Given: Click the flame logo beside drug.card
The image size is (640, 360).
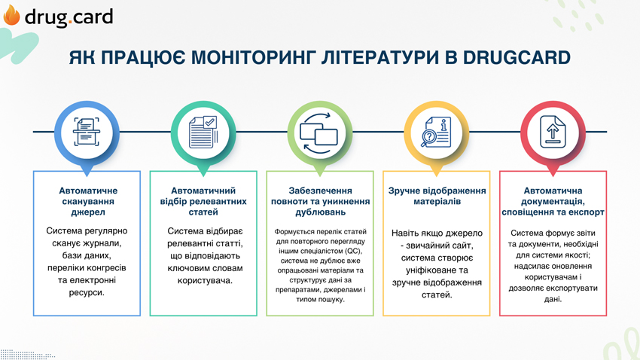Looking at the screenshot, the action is (x=11, y=16).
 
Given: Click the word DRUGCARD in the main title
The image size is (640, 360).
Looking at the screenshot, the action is (x=517, y=57).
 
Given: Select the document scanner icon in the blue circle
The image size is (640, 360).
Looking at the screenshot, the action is (x=87, y=132).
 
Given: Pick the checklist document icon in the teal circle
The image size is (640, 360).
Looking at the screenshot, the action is (x=203, y=132).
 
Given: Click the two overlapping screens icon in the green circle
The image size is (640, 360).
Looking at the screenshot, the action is (x=319, y=133).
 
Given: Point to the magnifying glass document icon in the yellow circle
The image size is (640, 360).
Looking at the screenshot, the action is (x=436, y=132).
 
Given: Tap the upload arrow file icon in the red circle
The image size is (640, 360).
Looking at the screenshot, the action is (x=553, y=132).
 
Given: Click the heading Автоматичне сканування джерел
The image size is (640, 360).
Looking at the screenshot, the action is (x=88, y=201).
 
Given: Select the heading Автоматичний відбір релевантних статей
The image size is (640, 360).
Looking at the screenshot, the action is (x=203, y=201).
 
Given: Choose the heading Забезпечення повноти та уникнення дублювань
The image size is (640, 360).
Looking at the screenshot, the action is (x=321, y=201).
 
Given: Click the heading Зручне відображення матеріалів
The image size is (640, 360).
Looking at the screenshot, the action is (x=437, y=196).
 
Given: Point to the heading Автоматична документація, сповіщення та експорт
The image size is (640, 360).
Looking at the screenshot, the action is (x=553, y=201).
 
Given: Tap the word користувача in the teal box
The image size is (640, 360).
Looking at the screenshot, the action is (x=204, y=281).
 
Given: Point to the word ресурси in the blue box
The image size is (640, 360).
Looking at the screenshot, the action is (x=87, y=293).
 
